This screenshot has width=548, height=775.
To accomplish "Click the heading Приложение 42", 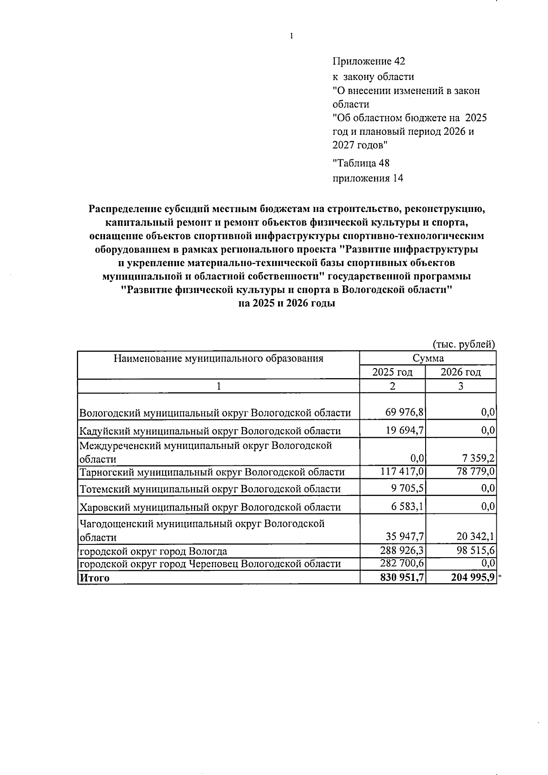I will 369,61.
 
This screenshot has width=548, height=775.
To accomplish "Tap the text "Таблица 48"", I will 361,163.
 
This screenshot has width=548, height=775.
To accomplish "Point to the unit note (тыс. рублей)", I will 464,344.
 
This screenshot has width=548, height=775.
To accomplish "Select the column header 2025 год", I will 392,372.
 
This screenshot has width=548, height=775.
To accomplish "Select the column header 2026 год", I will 460,372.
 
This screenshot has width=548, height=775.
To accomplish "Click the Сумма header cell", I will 427,359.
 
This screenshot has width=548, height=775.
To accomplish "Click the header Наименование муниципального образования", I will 218,359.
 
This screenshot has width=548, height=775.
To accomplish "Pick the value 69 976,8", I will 405,413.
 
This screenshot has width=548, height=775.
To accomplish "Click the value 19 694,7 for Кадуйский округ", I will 405,431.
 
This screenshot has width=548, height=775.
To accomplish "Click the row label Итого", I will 95,578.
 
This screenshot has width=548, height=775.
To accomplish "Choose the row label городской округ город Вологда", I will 153,551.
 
